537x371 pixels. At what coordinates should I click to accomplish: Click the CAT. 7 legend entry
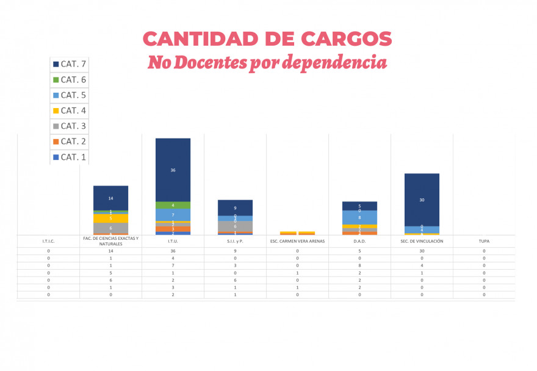69,64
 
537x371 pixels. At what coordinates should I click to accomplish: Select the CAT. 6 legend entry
69,79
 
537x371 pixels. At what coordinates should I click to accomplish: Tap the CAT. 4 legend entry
69,110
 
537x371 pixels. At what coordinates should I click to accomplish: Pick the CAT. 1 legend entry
69,157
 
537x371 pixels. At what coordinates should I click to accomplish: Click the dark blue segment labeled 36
173,170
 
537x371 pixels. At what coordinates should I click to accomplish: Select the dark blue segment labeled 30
422,200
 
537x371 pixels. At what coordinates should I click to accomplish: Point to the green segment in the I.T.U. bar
173,205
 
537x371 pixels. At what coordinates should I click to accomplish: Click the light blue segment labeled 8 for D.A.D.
359,218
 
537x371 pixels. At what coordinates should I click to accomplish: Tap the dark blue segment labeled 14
110,198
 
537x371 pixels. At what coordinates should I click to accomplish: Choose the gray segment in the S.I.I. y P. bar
235,226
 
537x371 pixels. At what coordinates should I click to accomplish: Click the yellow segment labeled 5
110,218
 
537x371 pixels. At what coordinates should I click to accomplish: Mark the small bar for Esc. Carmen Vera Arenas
297,233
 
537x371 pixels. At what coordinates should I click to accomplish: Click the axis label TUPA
484,241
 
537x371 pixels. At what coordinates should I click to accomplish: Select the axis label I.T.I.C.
48,241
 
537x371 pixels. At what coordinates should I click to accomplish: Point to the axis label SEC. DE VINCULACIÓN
422,241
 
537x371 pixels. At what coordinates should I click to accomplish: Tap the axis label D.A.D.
359,241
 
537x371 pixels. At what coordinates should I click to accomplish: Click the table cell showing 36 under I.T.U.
173,251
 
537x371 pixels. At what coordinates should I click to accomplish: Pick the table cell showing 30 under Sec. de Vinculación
422,251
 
